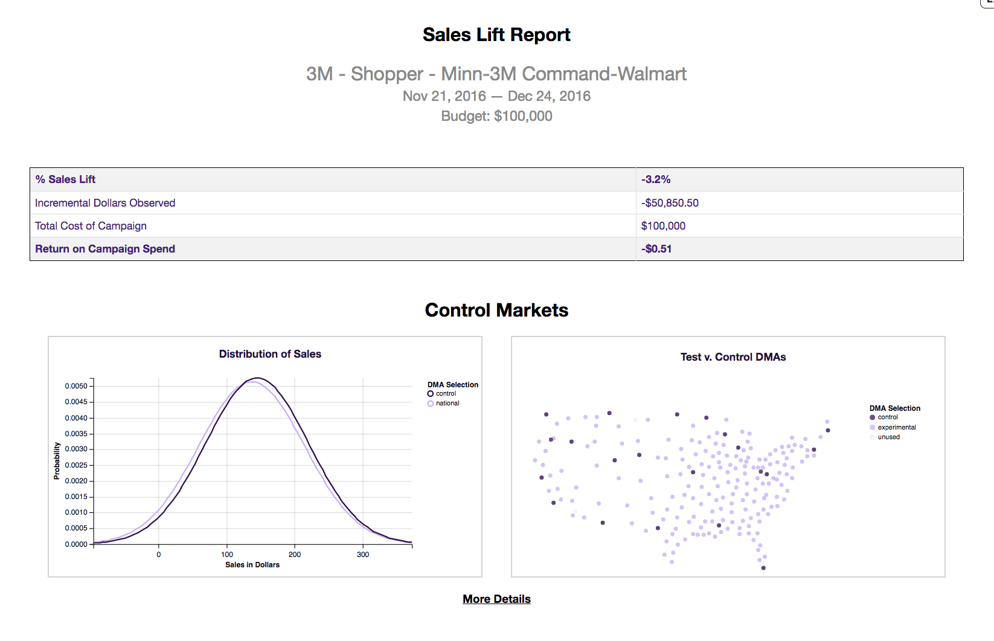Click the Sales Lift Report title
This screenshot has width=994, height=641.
coord(496,35)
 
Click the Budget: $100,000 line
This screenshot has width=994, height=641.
coord(496,116)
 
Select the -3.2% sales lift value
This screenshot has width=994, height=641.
coord(656,179)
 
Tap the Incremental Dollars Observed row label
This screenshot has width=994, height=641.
coord(105,203)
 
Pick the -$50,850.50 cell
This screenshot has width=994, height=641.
coord(670,203)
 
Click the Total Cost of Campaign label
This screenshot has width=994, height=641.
coord(91,226)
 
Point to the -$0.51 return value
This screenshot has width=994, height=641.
coord(656,249)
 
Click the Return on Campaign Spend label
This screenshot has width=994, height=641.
coord(105,249)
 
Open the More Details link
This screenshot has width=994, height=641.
coord(496,599)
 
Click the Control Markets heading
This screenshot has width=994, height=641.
coord(496,310)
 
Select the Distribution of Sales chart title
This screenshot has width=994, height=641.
coord(270,354)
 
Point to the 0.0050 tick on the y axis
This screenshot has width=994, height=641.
coord(76,386)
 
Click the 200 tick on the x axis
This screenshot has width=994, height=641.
coord(295,554)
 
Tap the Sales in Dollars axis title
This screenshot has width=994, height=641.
coord(252,565)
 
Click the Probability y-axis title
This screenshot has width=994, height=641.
coord(57,461)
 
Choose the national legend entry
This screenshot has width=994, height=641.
coord(447,404)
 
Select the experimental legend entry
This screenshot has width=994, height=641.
coord(897,427)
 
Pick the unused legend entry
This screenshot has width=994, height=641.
coord(888,437)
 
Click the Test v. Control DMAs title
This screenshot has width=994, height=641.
coord(733,357)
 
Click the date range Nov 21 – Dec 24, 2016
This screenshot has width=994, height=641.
coord(496,96)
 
